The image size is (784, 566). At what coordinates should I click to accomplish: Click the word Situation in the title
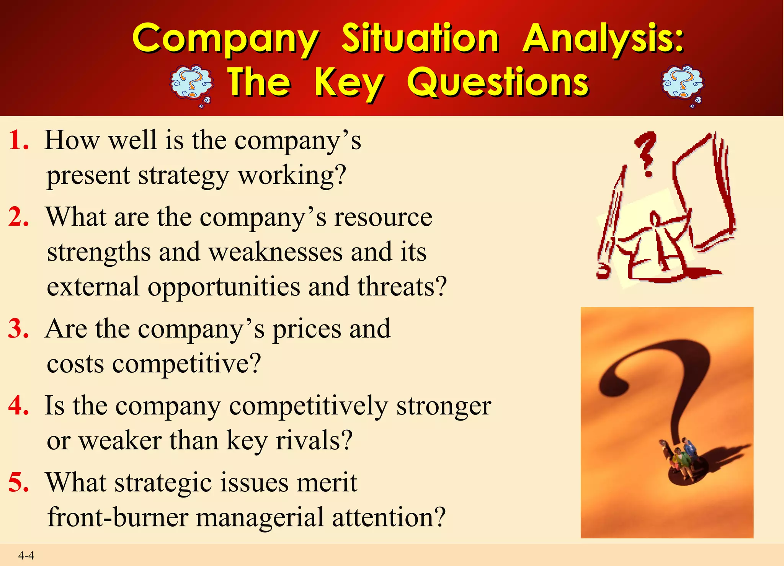tap(420, 38)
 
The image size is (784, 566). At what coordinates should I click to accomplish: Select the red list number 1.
tap(18, 140)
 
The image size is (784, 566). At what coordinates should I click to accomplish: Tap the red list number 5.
tap(18, 482)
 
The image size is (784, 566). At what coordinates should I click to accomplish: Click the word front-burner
tap(118, 517)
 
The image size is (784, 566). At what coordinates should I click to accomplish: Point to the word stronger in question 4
tap(443, 406)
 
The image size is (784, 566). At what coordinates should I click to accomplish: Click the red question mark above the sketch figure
tap(646, 153)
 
